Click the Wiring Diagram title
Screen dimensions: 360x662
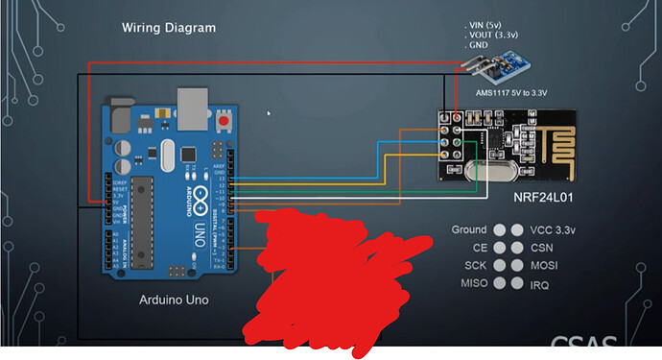click(x=168, y=27)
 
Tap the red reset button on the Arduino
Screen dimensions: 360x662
click(x=225, y=122)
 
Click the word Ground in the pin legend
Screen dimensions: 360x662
click(x=469, y=230)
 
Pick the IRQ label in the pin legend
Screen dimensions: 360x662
click(x=540, y=284)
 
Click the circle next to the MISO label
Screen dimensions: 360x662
click(x=499, y=284)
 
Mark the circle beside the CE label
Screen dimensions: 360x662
click(x=499, y=248)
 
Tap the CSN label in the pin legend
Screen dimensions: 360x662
click(x=542, y=248)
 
